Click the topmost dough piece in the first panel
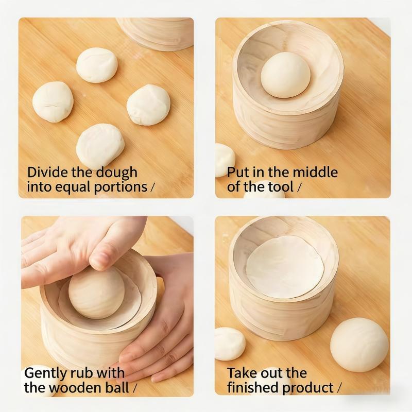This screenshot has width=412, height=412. pyautogui.click(x=97, y=65)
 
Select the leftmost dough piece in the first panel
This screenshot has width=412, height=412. pyautogui.click(x=53, y=101)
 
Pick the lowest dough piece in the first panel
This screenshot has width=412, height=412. pyautogui.click(x=100, y=146)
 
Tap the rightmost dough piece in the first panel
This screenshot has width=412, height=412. pyautogui.click(x=148, y=105)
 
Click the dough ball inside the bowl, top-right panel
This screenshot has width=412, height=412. pyautogui.click(x=285, y=75)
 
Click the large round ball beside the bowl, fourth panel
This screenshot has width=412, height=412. pyautogui.click(x=359, y=344)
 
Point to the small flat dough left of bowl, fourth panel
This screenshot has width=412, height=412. pyautogui.click(x=229, y=344)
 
